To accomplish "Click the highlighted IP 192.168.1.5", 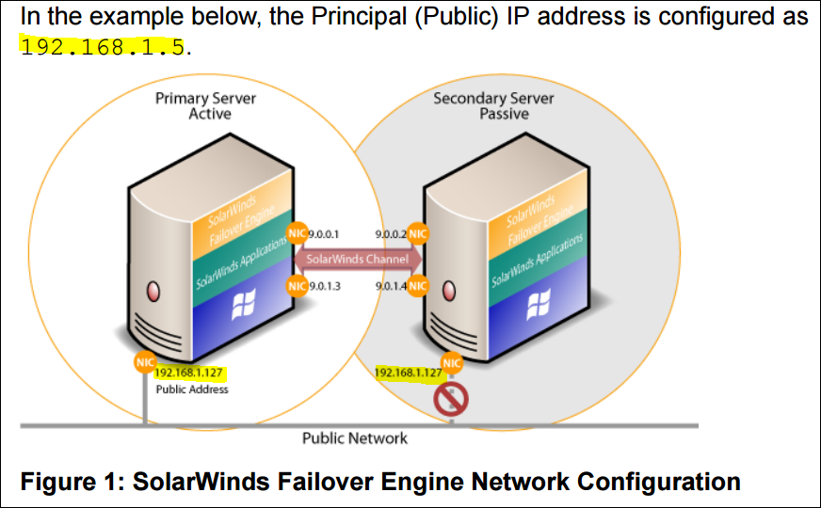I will (x=103, y=46).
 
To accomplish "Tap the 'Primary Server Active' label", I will (x=205, y=106).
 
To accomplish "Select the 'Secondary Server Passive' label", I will (x=493, y=106).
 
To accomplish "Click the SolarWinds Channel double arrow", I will (x=357, y=259).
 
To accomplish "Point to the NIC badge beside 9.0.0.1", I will (x=296, y=232).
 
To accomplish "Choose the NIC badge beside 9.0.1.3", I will (x=296, y=285).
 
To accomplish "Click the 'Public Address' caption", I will (x=191, y=389).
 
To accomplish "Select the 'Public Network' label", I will (x=354, y=438).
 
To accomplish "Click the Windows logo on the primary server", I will (x=244, y=303).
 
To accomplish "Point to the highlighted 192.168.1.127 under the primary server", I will (x=187, y=373).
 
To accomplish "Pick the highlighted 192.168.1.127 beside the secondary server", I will (x=409, y=373).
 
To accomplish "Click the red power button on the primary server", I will (x=151, y=289).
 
